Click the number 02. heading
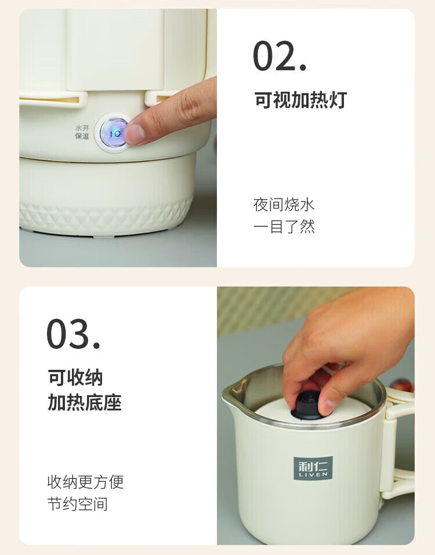point(280,56)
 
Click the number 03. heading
point(73,334)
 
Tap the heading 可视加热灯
point(300,99)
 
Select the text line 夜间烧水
point(284,204)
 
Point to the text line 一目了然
point(284,226)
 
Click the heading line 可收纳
point(75,377)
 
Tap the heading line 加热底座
point(85,402)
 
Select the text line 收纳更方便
point(85,482)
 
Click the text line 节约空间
point(78,504)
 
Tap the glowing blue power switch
point(114,133)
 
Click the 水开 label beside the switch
point(82,128)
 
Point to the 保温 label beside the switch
point(82,136)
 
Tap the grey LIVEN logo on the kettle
point(313,468)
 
